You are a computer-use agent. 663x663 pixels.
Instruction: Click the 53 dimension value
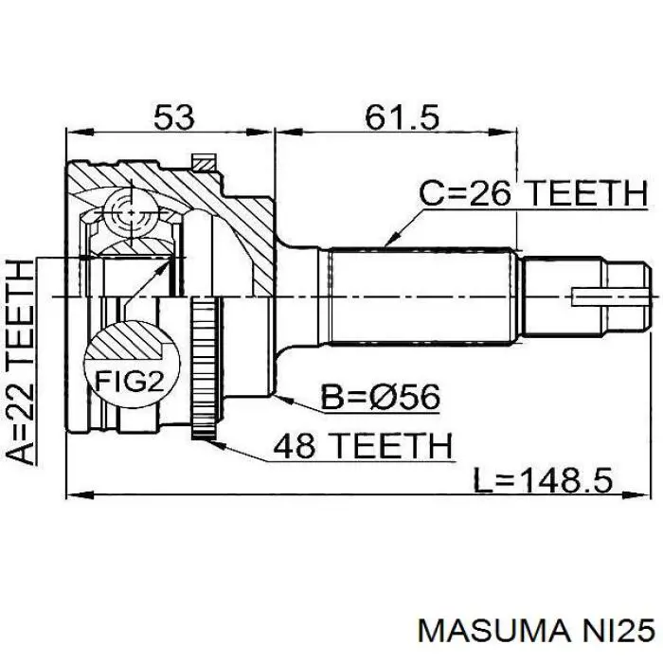pos(173,116)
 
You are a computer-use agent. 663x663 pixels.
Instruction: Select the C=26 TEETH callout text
pos(533,193)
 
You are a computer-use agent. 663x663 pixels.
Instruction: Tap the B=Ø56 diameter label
pos(380,397)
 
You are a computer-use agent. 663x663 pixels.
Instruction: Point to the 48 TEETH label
pos(363,445)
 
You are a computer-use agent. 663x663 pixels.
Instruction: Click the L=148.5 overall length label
pos(543,481)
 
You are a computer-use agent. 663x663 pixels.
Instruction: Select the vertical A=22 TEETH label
pos(20,363)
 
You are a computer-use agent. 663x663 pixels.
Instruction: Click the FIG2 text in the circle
pos(129,383)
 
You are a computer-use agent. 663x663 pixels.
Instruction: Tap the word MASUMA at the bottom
pos(493,632)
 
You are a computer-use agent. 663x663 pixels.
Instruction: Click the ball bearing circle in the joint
pos(132,212)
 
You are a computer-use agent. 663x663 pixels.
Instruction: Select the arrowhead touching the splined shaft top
pos(391,240)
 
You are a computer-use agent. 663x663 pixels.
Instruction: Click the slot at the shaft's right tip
pos(610,296)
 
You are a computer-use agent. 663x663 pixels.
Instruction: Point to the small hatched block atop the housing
pos(203,163)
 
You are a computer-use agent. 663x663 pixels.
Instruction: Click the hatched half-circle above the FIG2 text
pos(131,341)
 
